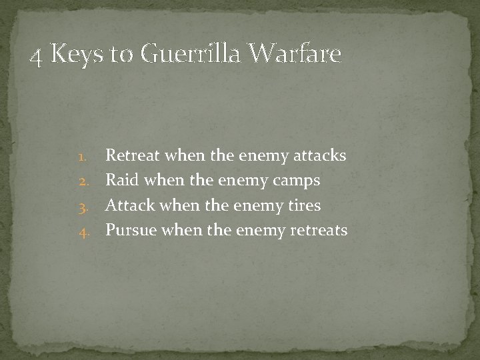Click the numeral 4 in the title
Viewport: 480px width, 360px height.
(x=38, y=55)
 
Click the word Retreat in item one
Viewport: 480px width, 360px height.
(x=133, y=155)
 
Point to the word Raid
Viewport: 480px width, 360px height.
(x=122, y=181)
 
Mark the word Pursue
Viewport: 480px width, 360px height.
(x=131, y=231)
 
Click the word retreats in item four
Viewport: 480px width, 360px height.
(x=318, y=231)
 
